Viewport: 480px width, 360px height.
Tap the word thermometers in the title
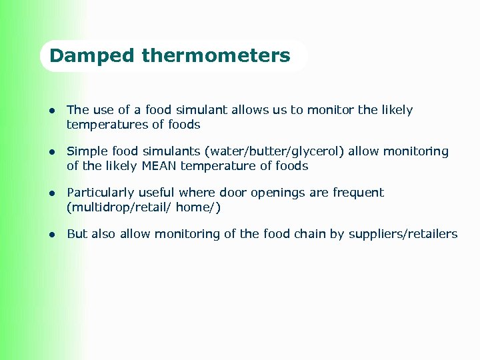click(x=216, y=55)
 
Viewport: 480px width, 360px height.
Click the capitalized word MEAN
click(x=159, y=166)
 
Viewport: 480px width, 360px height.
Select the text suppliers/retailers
click(x=403, y=234)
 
